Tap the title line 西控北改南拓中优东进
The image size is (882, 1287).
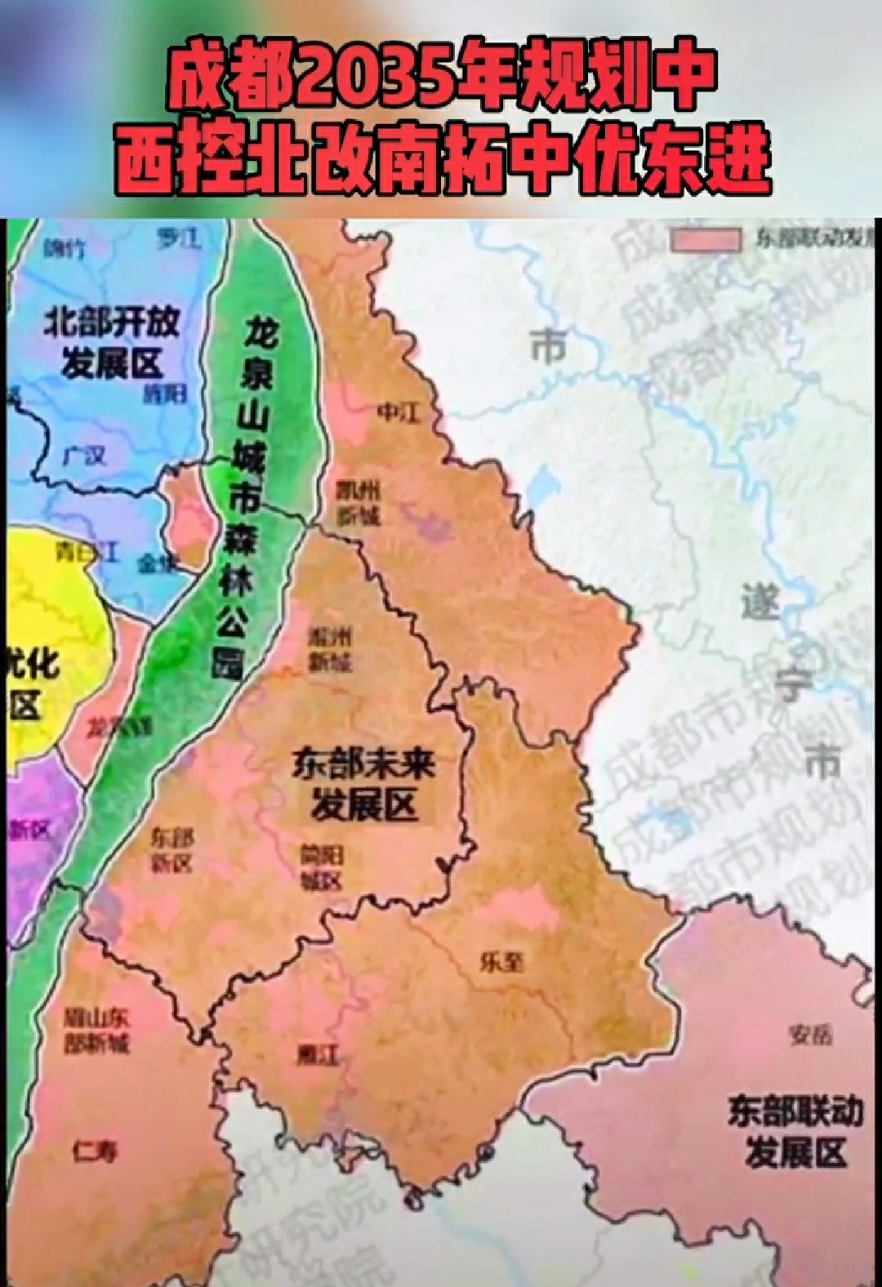tap(441, 162)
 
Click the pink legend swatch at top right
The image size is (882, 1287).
tap(705, 238)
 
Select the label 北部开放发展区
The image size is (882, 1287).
tap(111, 342)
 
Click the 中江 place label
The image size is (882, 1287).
tap(398, 412)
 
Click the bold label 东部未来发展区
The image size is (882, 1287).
tap(364, 785)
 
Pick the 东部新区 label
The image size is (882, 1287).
tap(173, 849)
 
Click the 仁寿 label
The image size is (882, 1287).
tap(94, 1151)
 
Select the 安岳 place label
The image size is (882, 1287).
tap(810, 1035)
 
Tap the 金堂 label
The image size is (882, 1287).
tap(157, 563)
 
